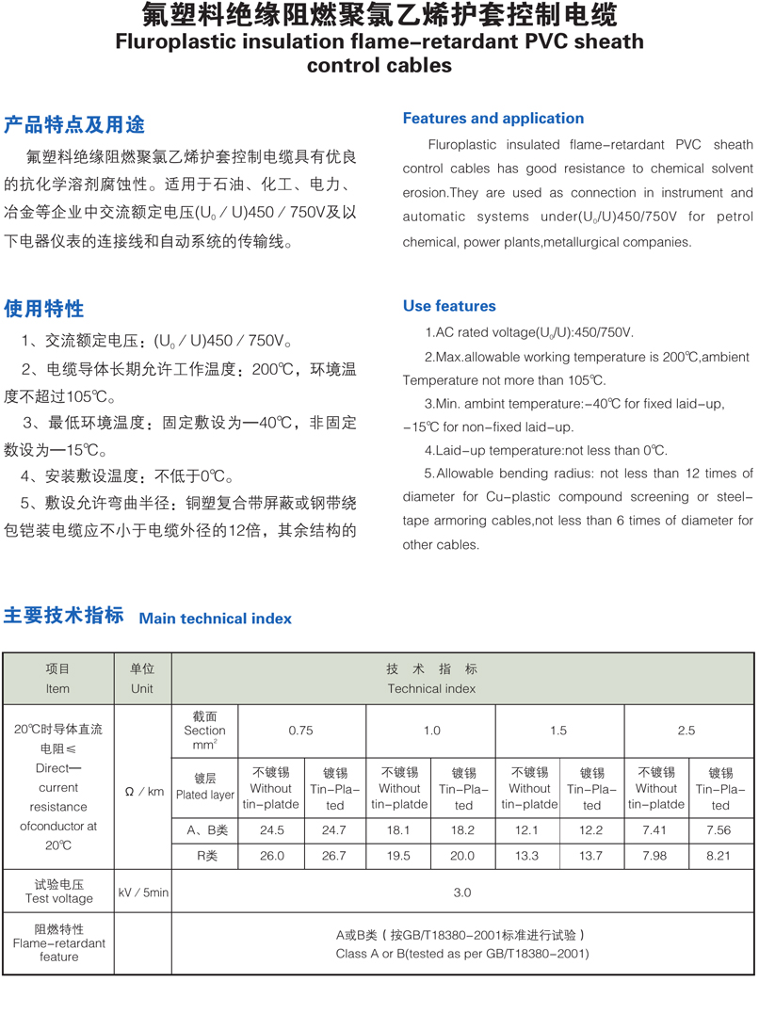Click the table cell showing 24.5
click(271, 830)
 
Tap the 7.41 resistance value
click(655, 830)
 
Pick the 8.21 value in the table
click(720, 856)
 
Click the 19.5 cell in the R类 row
click(399, 856)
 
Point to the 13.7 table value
click(591, 856)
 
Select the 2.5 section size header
click(686, 731)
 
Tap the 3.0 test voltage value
click(462, 892)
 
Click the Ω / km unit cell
click(143, 792)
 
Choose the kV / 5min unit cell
click(143, 892)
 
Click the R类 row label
click(206, 856)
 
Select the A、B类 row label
click(206, 830)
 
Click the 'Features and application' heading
click(493, 119)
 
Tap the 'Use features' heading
click(449, 306)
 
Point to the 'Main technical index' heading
click(216, 619)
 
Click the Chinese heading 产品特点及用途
click(74, 125)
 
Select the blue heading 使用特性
click(43, 309)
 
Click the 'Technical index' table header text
click(431, 688)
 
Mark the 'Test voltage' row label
click(59, 898)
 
